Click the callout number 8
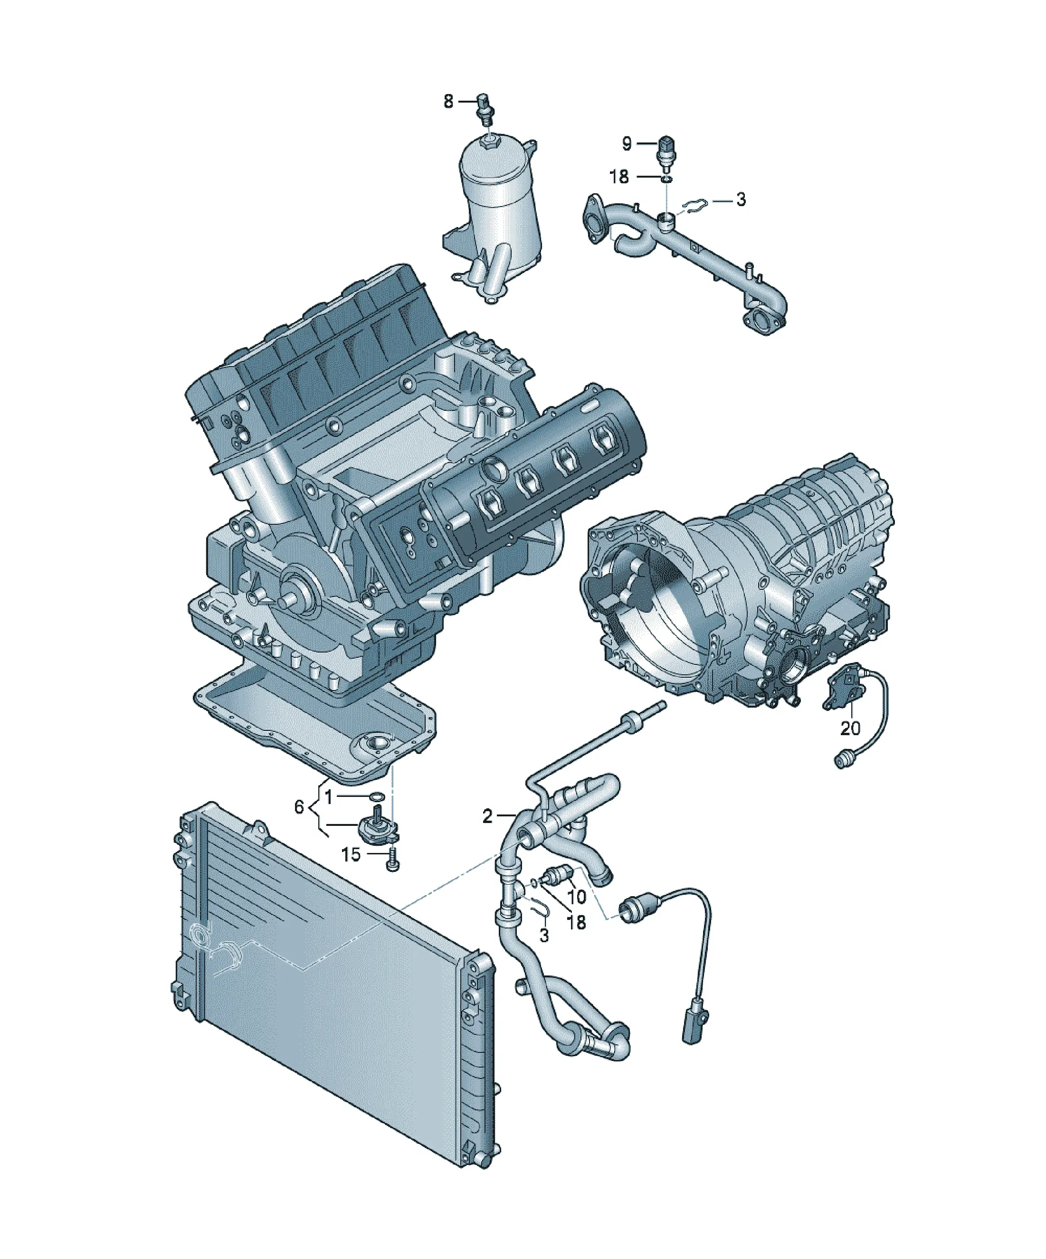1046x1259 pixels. pos(448,102)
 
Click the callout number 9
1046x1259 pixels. pos(627,143)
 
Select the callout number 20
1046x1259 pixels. pos(850,729)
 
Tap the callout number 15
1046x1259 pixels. pos(351,854)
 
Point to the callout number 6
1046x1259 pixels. pos(299,807)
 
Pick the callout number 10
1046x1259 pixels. pos(576,914)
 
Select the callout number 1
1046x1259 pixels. pos(329,797)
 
